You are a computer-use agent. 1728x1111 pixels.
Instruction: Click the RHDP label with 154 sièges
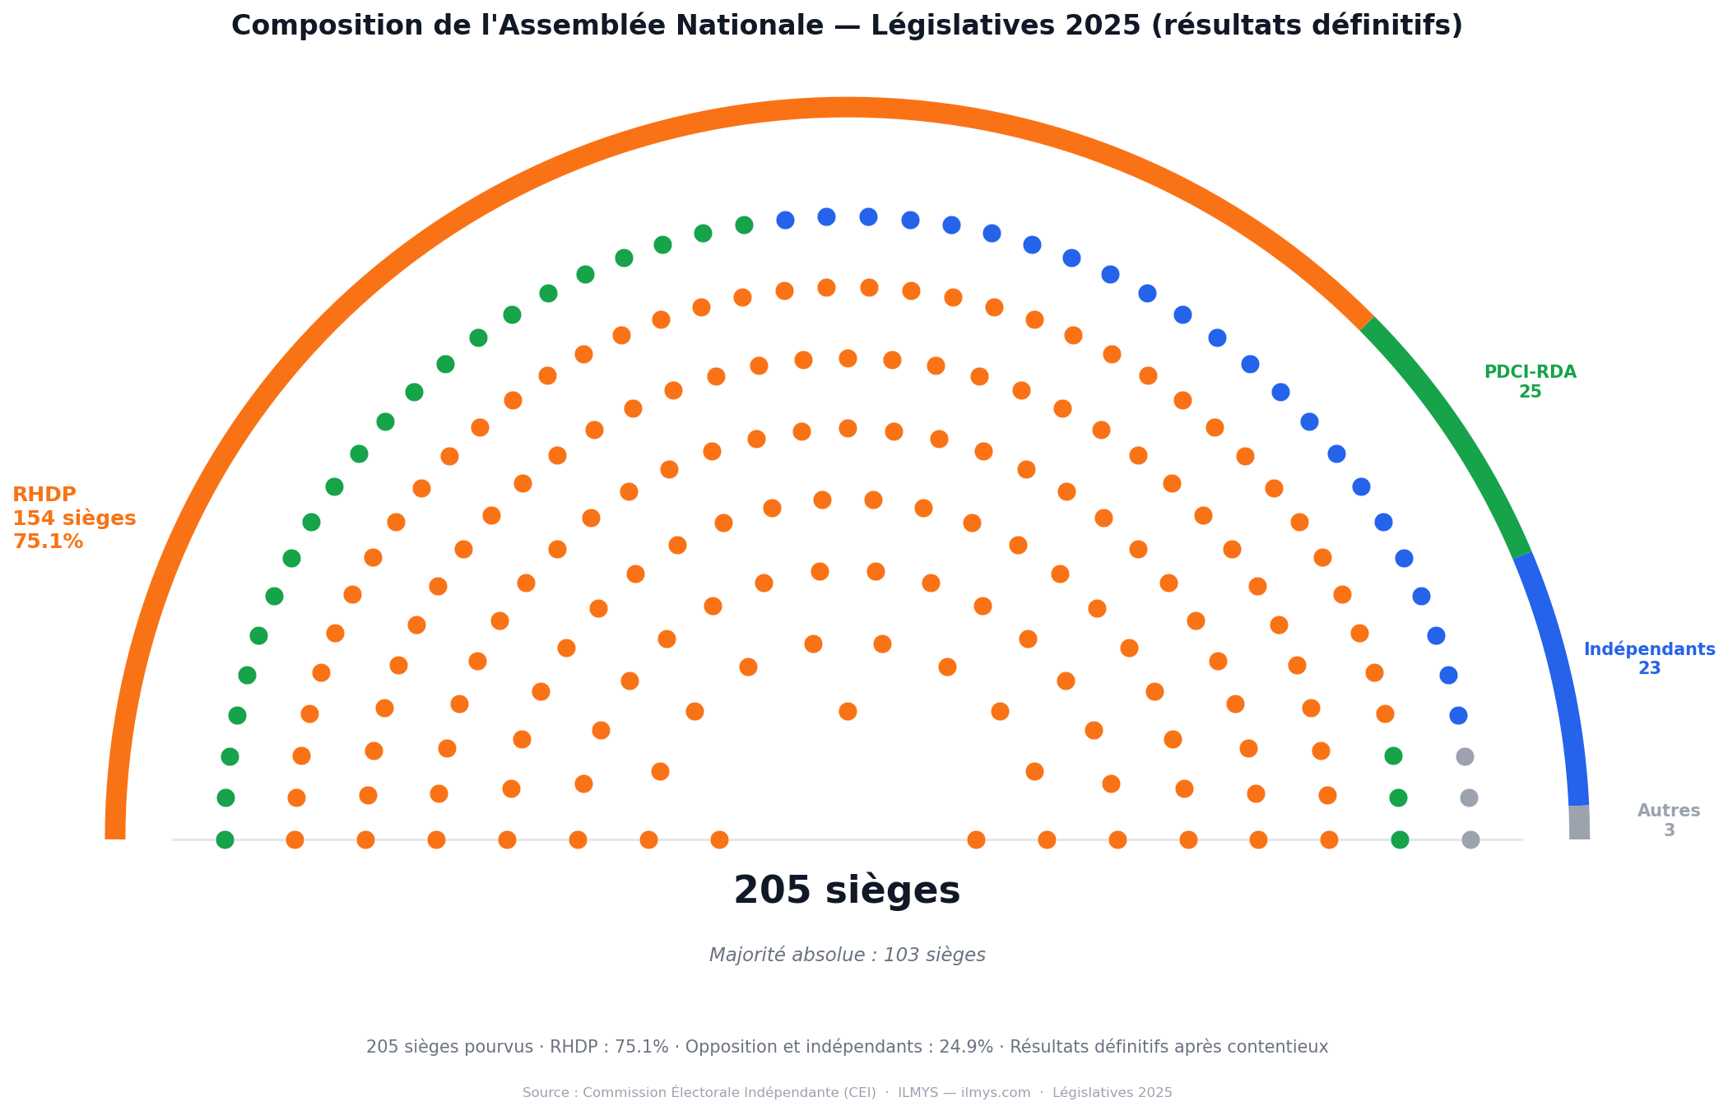pyautogui.click(x=74, y=518)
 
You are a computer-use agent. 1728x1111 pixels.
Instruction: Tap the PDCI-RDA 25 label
pyautogui.click(x=1530, y=382)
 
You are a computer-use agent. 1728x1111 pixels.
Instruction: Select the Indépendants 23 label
pyautogui.click(x=1649, y=658)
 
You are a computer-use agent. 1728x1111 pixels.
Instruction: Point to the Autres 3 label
pyautogui.click(x=1669, y=820)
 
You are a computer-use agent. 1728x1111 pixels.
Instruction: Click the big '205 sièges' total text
pyautogui.click(x=847, y=890)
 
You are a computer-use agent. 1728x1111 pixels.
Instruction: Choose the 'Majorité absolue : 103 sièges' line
pyautogui.click(x=847, y=955)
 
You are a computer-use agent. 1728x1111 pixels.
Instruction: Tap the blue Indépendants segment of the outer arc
pyautogui.click(x=1559, y=675)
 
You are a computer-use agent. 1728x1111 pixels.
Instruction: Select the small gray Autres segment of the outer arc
pyautogui.click(x=1579, y=823)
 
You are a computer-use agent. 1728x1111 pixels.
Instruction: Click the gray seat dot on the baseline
pyautogui.click(x=1470, y=839)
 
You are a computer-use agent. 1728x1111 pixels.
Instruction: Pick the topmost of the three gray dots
pyautogui.click(x=1465, y=756)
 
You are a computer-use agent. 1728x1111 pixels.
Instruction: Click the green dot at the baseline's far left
pyautogui.click(x=225, y=839)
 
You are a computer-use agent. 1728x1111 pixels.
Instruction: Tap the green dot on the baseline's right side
pyautogui.click(x=1400, y=839)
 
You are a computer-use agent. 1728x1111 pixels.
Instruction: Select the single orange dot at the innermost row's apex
pyautogui.click(x=848, y=711)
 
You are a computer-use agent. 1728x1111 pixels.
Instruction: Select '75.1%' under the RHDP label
pyautogui.click(x=48, y=542)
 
